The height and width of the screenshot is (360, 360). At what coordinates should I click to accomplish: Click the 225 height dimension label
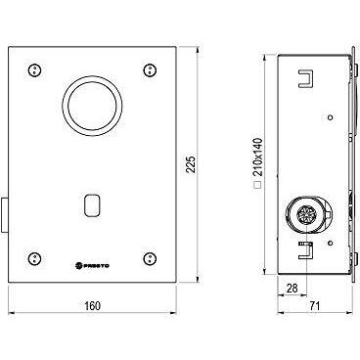tap(192, 164)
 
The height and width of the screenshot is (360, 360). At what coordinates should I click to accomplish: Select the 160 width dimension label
tap(93, 306)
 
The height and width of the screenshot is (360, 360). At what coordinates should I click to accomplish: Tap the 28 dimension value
tap(292, 288)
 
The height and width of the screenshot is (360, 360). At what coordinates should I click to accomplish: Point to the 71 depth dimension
tap(315, 306)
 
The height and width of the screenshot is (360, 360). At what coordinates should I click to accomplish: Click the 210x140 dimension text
tap(257, 158)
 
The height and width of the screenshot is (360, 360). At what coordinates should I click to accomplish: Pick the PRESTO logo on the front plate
tap(93, 266)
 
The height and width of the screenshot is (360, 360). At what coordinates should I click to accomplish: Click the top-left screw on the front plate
tap(34, 70)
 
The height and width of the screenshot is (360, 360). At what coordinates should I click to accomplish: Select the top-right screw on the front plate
tap(150, 70)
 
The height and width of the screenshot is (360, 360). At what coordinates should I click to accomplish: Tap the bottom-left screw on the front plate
tap(34, 258)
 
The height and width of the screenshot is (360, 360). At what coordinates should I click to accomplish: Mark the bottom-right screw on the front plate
tap(150, 258)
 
